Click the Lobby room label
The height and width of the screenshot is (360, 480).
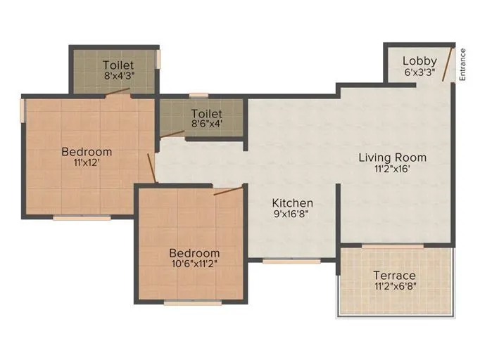[x=419, y=60]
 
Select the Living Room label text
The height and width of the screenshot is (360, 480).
[x=392, y=157]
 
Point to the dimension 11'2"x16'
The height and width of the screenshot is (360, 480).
[x=392, y=169]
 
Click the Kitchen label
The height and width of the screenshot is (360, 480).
[x=293, y=203]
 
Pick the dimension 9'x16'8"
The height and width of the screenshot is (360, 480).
[x=291, y=215]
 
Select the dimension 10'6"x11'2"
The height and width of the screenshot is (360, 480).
[x=194, y=264]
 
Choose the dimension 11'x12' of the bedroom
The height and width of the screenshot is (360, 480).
[x=86, y=163]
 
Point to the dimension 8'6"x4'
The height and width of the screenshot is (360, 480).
[x=206, y=124]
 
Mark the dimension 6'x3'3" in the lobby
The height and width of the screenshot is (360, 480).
[x=419, y=72]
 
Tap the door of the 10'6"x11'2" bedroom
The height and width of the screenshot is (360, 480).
[x=229, y=189]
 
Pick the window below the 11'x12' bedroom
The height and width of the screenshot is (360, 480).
[x=82, y=218]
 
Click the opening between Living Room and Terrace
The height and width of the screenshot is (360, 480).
[x=393, y=245]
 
